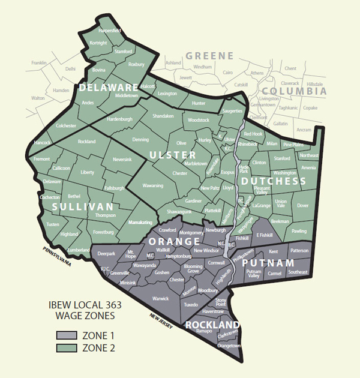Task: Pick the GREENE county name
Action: [209, 56]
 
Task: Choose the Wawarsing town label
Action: [153, 186]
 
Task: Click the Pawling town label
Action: [298, 231]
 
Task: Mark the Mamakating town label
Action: [141, 222]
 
